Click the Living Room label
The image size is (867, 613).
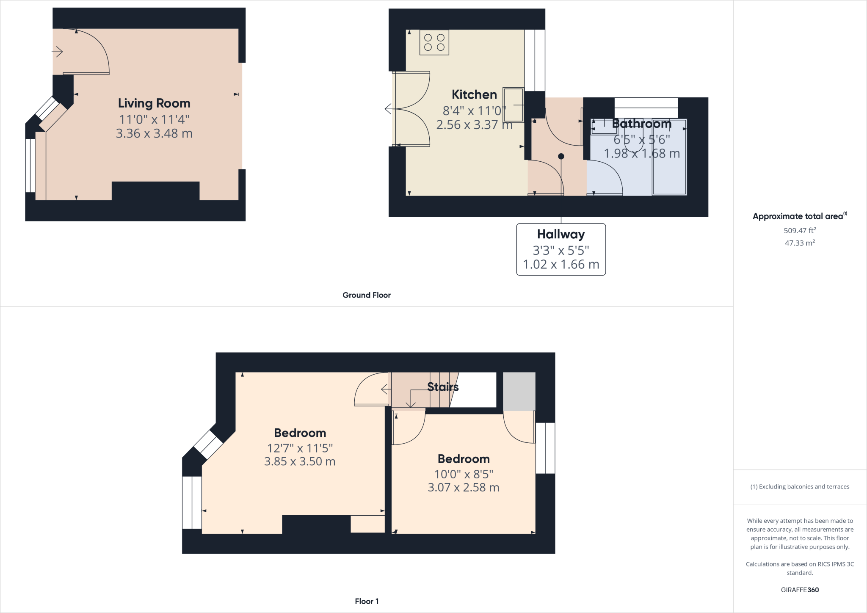coord(154,103)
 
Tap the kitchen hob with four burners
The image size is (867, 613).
coord(434,42)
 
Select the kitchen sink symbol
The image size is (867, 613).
coord(513,105)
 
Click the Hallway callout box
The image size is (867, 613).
coord(561,249)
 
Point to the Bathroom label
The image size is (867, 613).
coord(642,124)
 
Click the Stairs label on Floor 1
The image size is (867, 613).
coord(443,387)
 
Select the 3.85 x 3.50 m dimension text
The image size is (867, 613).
coord(300,461)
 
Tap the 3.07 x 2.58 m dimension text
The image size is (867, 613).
coord(464,487)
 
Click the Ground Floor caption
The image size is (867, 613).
coord(367,295)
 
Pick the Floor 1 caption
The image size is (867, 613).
coord(367,601)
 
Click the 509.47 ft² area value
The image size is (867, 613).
coord(800,231)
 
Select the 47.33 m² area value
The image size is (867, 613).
coord(800,243)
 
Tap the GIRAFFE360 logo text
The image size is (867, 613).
coord(800,590)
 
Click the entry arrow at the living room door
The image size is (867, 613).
coord(58,52)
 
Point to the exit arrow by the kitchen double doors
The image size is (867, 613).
coord(388,109)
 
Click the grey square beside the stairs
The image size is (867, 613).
coord(519,392)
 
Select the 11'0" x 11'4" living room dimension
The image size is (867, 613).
coord(154,119)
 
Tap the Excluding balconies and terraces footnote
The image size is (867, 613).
coord(800,487)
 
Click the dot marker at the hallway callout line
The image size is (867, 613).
coord(561,156)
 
